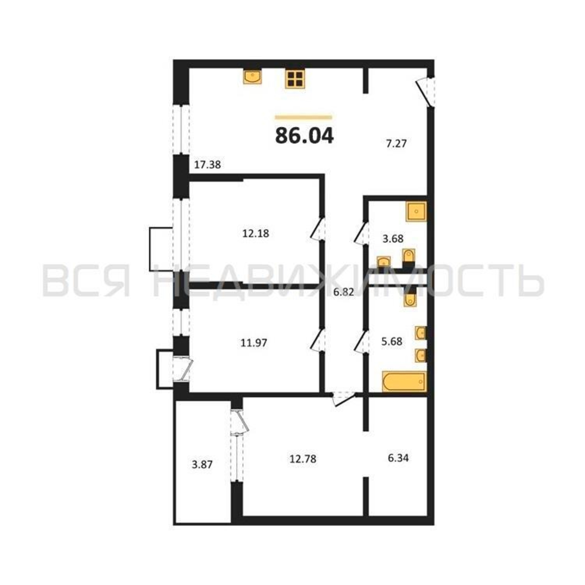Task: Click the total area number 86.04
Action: [x=304, y=136]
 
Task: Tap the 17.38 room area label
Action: [x=207, y=165]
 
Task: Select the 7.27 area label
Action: [x=396, y=143]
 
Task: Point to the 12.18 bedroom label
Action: [x=256, y=233]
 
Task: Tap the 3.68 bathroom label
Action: [x=393, y=239]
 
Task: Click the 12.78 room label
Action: [x=303, y=459]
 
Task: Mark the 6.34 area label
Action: [x=398, y=458]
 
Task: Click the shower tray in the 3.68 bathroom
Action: [x=416, y=211]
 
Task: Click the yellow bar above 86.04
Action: [x=303, y=118]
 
